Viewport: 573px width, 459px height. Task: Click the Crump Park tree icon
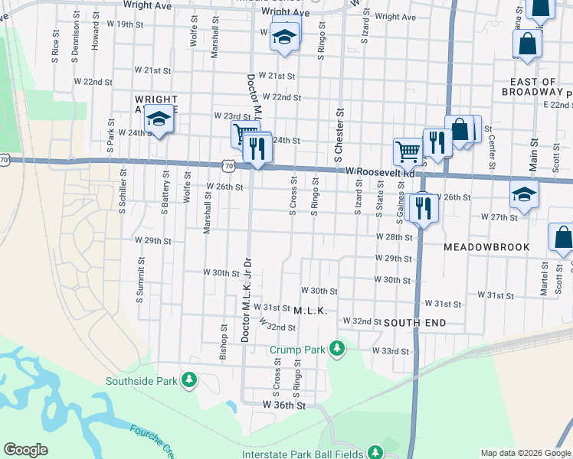(x=336, y=349)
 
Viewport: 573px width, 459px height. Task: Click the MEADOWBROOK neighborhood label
(x=486, y=248)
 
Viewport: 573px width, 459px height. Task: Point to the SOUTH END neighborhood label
(x=414, y=323)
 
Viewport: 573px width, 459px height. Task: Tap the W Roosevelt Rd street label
(x=380, y=173)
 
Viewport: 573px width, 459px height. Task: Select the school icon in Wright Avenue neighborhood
(x=159, y=120)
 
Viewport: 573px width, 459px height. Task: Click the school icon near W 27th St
(x=524, y=194)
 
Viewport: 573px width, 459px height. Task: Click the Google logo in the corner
(x=25, y=450)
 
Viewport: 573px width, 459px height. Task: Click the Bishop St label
(x=224, y=342)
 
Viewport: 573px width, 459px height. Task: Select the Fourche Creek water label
(x=149, y=439)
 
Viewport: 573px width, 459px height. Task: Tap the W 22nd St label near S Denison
(x=93, y=81)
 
